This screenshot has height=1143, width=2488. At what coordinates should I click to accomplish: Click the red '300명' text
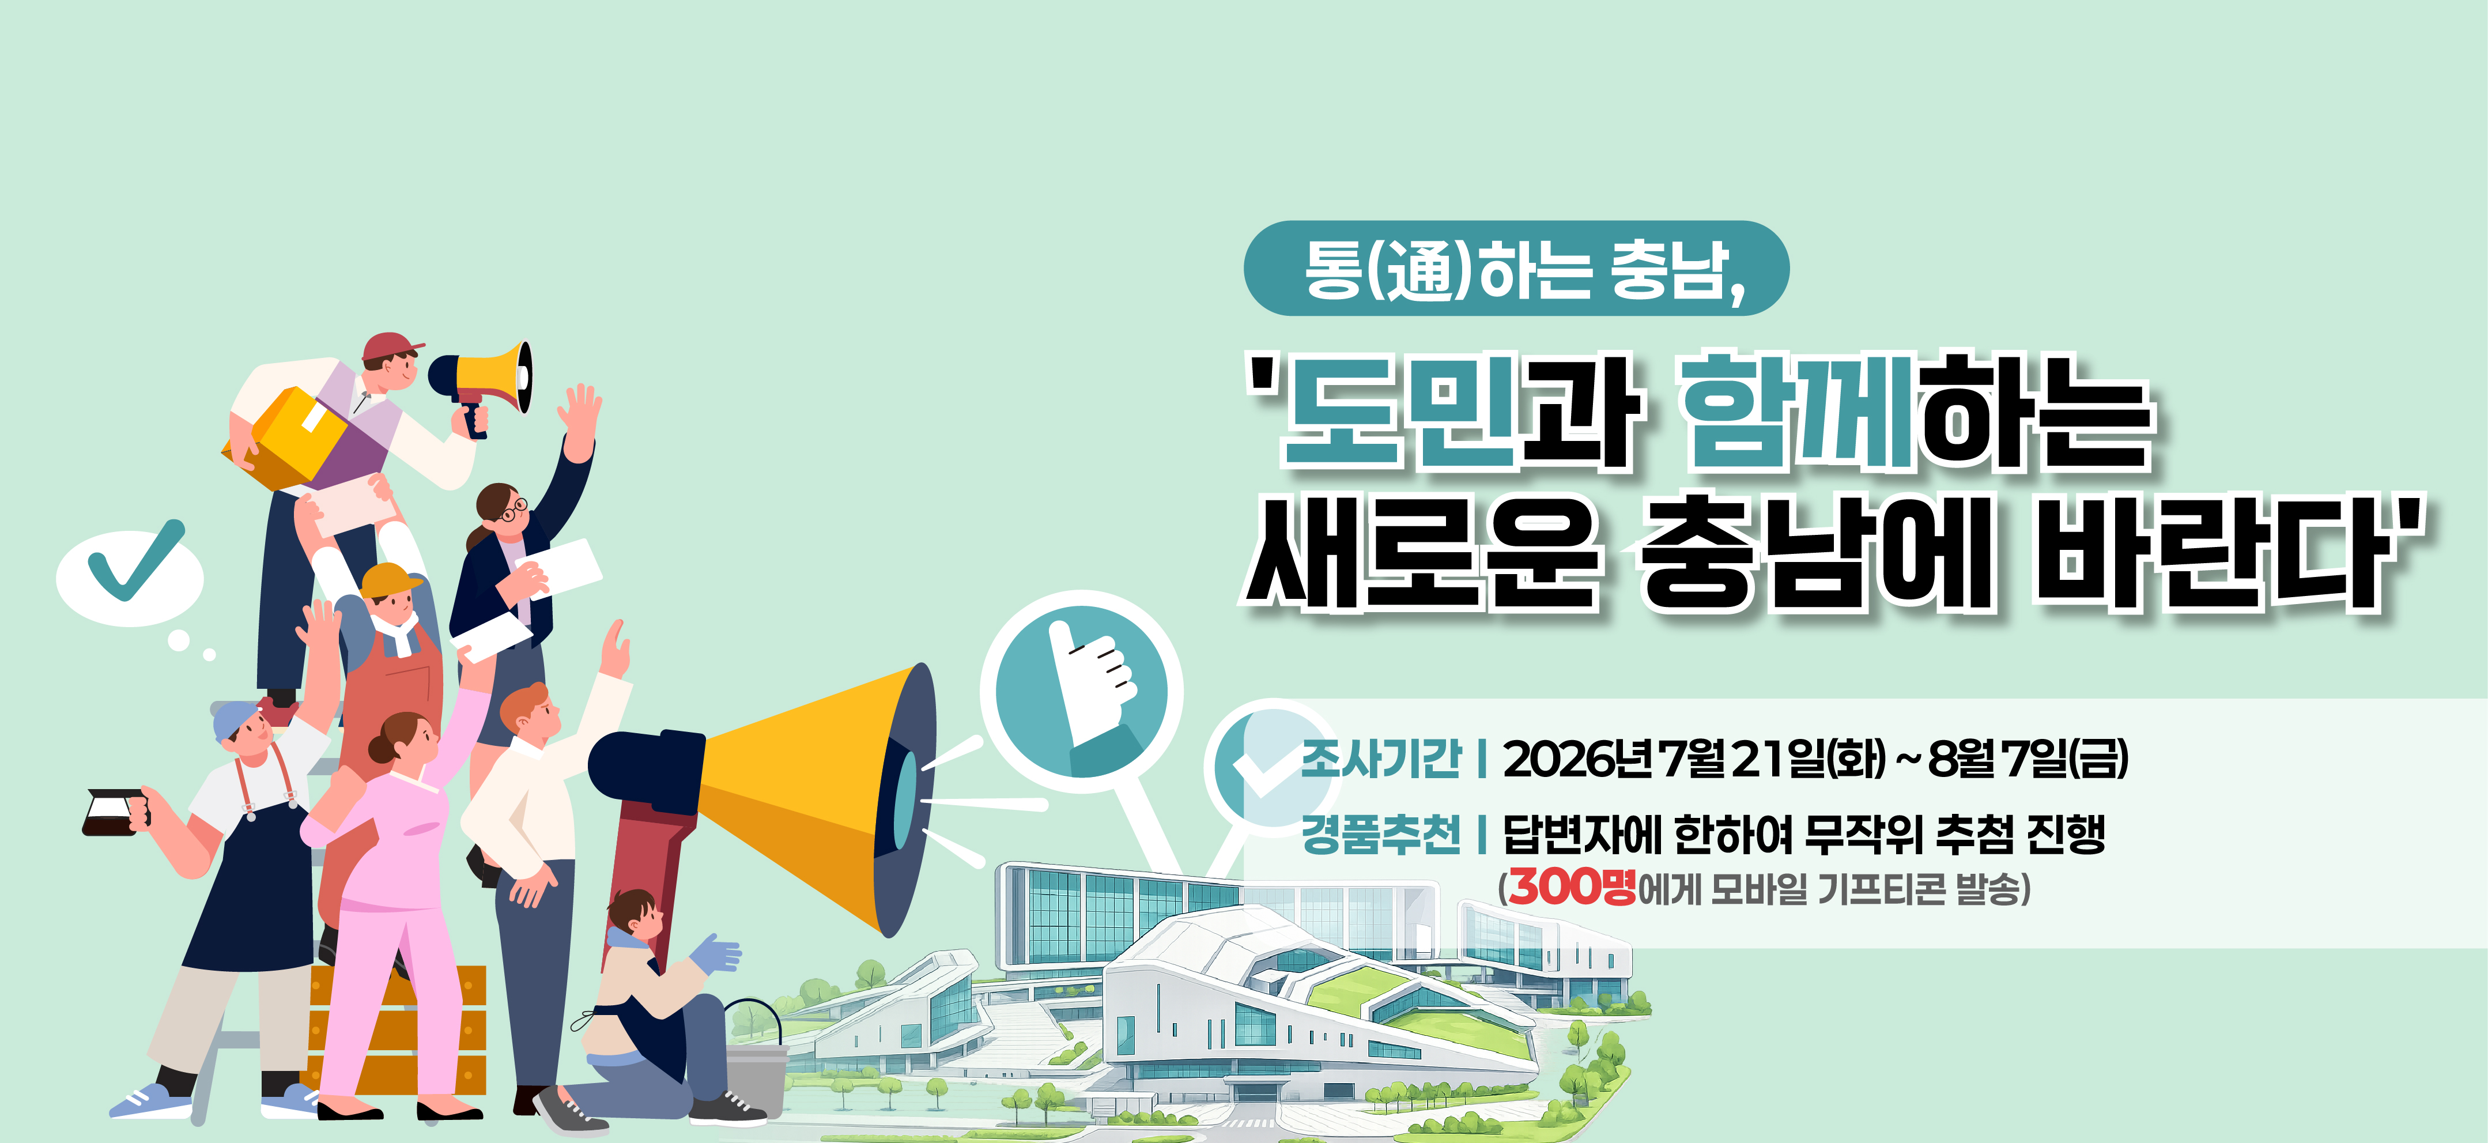click(1572, 887)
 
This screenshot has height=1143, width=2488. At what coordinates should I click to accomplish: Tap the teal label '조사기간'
click(1381, 759)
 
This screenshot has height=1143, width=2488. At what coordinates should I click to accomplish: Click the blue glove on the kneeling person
click(716, 955)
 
